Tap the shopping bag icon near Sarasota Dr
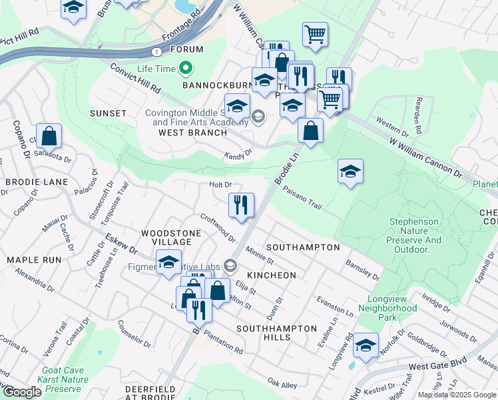(x=49, y=136)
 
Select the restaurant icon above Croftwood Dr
(x=241, y=205)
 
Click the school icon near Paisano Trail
(x=350, y=171)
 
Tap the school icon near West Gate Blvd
(x=366, y=345)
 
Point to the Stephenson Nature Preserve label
(x=414, y=235)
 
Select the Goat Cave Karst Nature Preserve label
(x=65, y=379)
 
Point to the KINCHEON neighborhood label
(x=271, y=275)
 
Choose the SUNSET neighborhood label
(x=109, y=113)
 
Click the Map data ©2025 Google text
(x=457, y=395)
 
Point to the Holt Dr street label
(x=220, y=185)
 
